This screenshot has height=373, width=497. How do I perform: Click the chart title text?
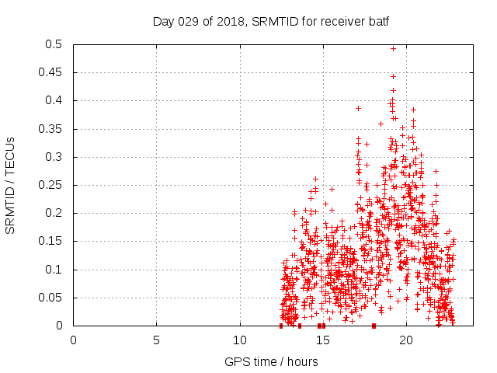(x=270, y=21)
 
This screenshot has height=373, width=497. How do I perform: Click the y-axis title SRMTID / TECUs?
(x=10, y=186)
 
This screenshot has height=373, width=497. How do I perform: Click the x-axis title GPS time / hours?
(x=270, y=362)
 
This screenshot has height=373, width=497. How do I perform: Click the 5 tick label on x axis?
(x=157, y=340)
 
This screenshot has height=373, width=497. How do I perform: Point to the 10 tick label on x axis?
(x=240, y=340)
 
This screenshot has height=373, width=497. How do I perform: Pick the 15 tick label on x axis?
(x=323, y=340)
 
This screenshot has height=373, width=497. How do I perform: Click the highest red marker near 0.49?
(x=393, y=48)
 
